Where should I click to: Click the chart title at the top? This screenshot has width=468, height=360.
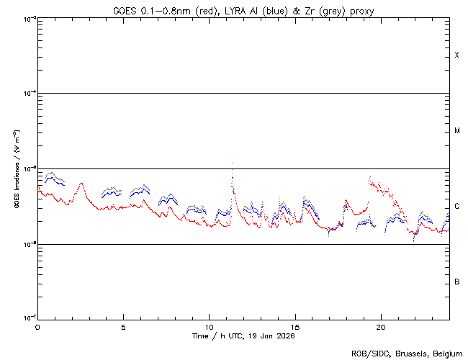(x=243, y=10)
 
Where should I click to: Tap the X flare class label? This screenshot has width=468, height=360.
(x=456, y=55)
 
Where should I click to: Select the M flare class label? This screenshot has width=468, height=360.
(x=456, y=131)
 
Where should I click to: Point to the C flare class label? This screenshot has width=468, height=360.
(x=456, y=207)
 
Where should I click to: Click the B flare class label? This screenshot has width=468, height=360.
(x=456, y=282)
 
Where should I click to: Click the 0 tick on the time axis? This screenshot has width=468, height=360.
(x=37, y=326)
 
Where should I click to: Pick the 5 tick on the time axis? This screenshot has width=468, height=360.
(x=123, y=326)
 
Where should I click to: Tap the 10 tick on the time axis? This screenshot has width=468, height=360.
(x=209, y=326)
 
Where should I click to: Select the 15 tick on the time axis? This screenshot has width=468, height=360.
(x=294, y=326)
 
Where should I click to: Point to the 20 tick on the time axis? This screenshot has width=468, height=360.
(x=380, y=326)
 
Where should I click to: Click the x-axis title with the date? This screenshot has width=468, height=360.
(x=243, y=336)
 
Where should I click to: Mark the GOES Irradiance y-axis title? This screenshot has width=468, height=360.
(x=15, y=169)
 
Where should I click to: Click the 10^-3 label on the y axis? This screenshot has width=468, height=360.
(x=27, y=18)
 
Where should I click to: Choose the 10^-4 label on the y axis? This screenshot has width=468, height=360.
(x=27, y=93)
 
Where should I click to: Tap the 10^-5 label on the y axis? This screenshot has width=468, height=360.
(x=27, y=168)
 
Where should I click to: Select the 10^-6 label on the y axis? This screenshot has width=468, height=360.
(x=27, y=243)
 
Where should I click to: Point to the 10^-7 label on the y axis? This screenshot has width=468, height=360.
(x=27, y=318)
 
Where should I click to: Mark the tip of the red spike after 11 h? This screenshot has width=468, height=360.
(x=232, y=163)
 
